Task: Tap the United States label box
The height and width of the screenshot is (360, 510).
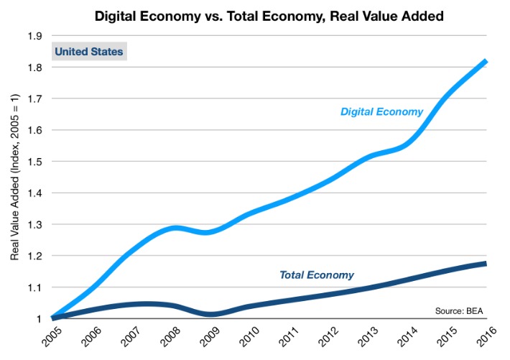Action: pos(88,52)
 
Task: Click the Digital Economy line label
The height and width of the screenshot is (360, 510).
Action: pos(381,111)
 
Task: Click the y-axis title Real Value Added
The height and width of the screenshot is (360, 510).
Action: pos(15,176)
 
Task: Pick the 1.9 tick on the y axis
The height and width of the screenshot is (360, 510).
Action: pos(34,36)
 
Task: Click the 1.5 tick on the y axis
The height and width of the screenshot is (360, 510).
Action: pos(34,162)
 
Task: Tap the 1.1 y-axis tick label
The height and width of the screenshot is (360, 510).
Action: pos(34,287)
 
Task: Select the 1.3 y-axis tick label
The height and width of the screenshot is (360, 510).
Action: pos(34,224)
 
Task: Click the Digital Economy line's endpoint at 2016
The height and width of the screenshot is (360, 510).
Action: pos(485,62)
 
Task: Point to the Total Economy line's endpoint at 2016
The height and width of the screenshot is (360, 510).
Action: pos(485,264)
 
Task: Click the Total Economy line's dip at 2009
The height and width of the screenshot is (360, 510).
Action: pos(209,314)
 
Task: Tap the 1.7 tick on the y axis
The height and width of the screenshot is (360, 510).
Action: pos(34,98)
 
